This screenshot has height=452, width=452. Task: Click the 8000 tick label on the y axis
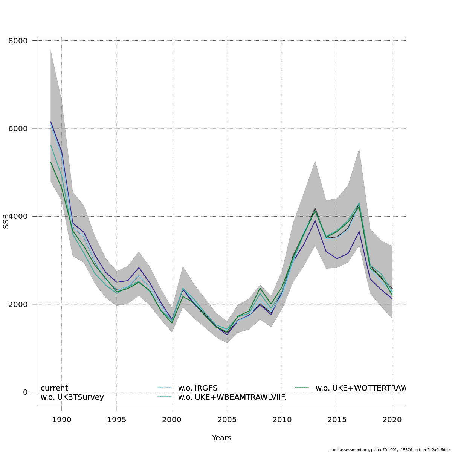[x=18, y=41]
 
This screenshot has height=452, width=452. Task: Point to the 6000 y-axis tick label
[x=18, y=128]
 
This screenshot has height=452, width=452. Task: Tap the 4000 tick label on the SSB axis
[x=18, y=217]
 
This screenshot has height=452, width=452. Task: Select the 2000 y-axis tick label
[x=18, y=304]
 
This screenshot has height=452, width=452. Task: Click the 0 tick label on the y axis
[x=25, y=392]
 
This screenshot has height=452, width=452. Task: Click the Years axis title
[x=221, y=438]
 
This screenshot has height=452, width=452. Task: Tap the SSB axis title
[x=6, y=221]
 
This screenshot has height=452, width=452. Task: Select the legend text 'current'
[x=54, y=388]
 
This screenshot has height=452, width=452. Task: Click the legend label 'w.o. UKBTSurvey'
[x=72, y=397]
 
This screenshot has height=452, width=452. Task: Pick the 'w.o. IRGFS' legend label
[x=198, y=388]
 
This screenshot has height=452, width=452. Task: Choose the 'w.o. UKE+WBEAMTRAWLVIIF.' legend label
[x=232, y=397]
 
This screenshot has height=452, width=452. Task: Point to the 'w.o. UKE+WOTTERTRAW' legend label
[x=360, y=388]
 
